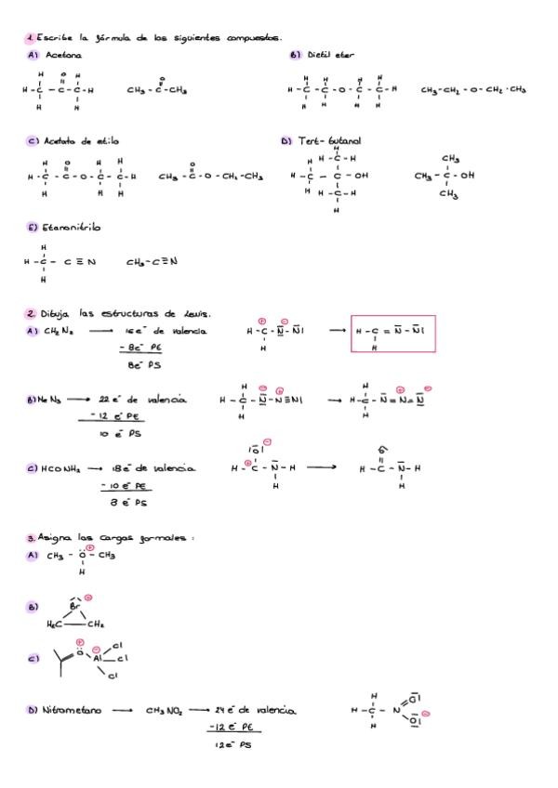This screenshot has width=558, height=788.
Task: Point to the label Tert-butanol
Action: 325,141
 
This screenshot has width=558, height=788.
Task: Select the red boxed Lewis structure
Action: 392,331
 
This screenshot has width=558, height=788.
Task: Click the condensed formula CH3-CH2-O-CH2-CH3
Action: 473,90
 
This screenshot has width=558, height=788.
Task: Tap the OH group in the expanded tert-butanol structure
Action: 357,175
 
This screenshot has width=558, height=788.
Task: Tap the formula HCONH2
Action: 59,468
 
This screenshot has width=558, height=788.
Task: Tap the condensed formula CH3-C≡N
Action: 152,261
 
